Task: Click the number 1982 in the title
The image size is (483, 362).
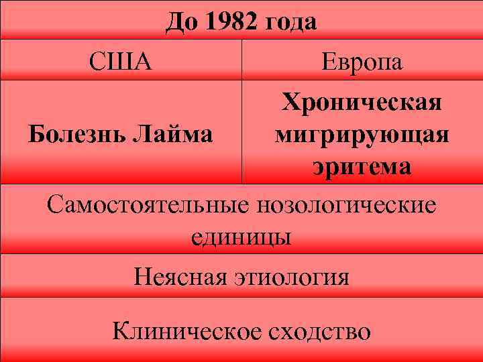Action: click(233, 22)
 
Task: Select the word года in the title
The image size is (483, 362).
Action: click(291, 23)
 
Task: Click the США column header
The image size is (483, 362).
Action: click(121, 62)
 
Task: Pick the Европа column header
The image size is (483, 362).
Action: click(362, 62)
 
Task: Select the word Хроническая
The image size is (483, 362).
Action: click(362, 104)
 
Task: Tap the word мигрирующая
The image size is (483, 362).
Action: click(362, 135)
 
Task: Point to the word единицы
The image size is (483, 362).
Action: click(241, 236)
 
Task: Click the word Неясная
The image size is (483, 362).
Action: click(178, 276)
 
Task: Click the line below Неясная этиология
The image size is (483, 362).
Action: click(241, 298)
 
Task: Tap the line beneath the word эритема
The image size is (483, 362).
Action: click(362, 183)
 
